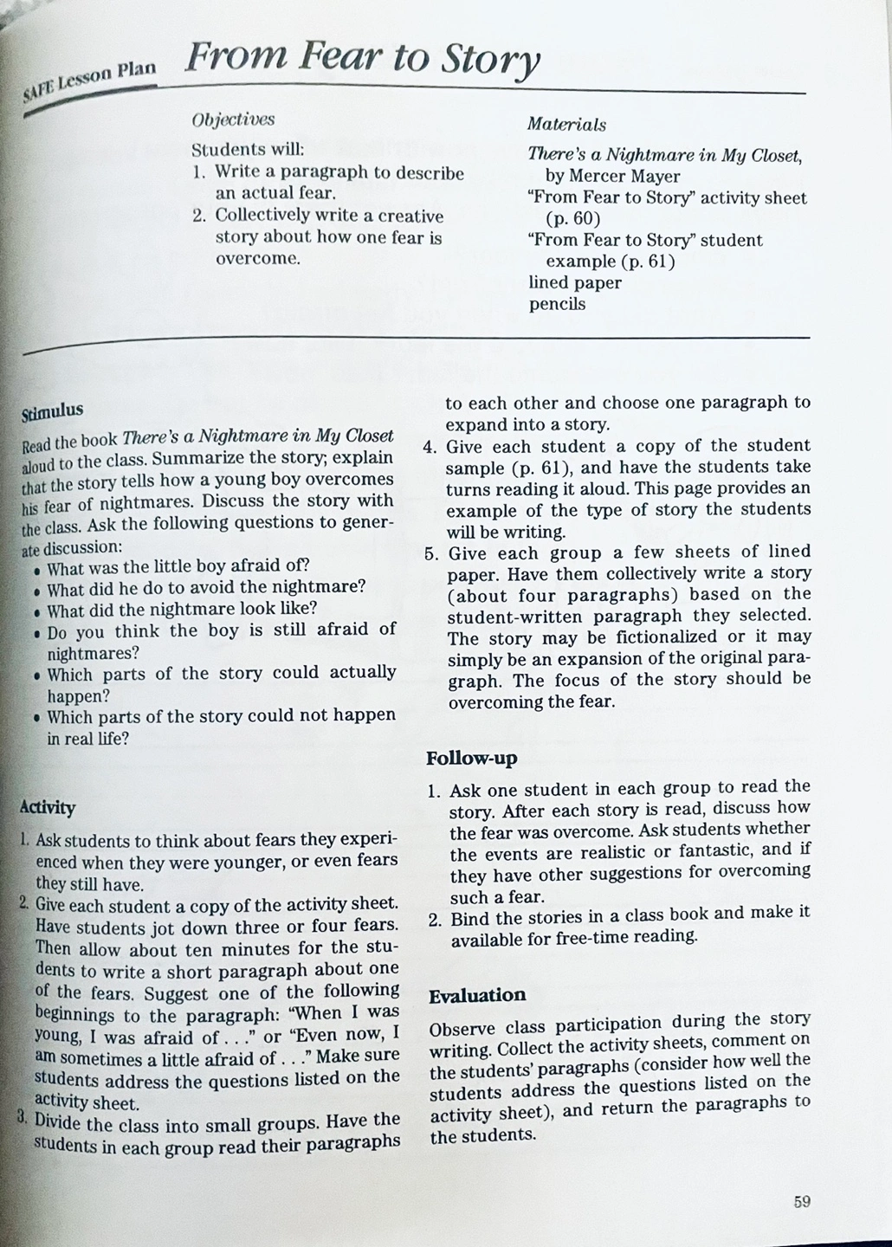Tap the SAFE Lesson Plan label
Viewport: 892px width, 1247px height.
click(88, 84)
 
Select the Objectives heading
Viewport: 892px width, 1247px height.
click(233, 120)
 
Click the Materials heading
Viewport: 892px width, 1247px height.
click(566, 125)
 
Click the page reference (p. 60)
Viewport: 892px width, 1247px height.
click(572, 218)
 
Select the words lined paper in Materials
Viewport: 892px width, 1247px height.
click(575, 282)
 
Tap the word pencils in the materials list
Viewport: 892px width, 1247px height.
click(557, 304)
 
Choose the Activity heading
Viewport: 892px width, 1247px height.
click(48, 808)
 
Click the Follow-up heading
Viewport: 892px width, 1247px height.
click(471, 759)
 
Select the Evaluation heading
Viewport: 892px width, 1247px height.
click(477, 996)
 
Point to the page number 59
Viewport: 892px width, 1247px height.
click(801, 1201)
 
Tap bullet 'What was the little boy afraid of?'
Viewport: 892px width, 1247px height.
click(178, 566)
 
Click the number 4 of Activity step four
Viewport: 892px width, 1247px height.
click(429, 448)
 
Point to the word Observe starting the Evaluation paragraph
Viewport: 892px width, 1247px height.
click(463, 1031)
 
